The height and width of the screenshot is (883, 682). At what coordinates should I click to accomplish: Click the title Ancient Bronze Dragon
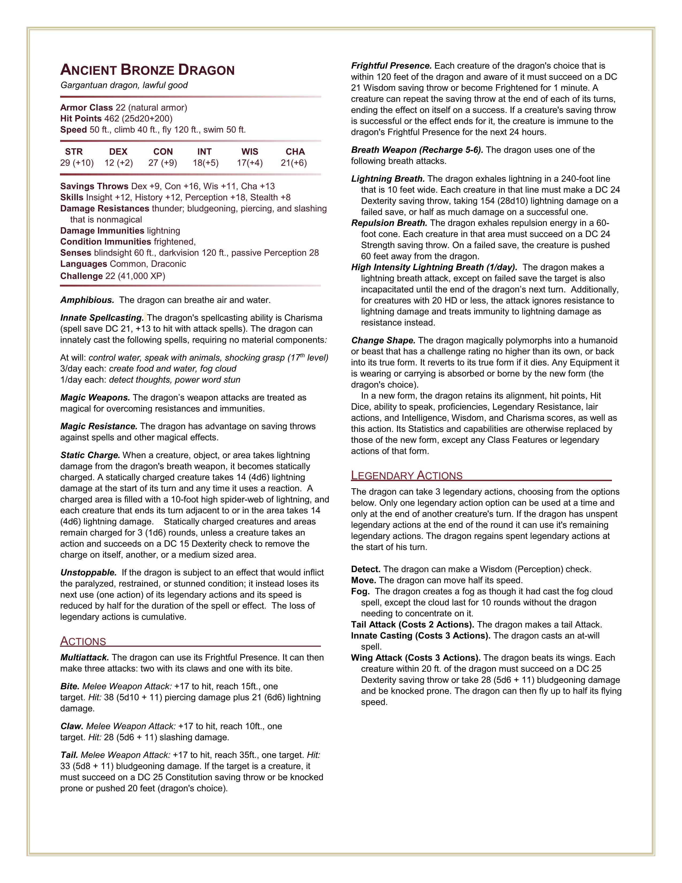tap(147, 70)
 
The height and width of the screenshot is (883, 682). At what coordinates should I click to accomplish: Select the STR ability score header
tap(74, 152)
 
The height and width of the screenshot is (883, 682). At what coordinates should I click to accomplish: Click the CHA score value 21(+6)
tap(294, 163)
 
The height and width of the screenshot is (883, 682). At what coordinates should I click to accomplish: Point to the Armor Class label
tap(86, 108)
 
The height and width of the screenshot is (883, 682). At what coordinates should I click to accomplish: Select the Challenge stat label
tap(81, 276)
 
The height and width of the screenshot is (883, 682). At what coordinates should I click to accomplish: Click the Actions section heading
tap(83, 641)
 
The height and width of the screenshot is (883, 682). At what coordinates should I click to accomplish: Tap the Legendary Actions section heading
tap(407, 475)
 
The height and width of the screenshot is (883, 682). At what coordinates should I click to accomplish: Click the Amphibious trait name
tap(87, 300)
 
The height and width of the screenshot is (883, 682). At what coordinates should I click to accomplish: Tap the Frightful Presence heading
tap(391, 66)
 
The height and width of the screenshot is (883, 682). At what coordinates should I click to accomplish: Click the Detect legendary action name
tap(366, 569)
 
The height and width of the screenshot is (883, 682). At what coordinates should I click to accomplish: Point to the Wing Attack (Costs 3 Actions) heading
tap(415, 658)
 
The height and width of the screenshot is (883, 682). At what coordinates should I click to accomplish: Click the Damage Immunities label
tap(102, 231)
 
